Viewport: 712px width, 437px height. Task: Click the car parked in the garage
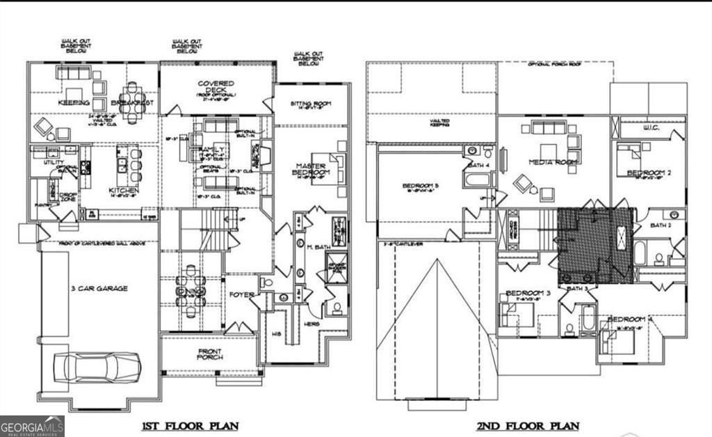[x=98, y=367]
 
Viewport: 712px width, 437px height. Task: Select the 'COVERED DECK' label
[x=216, y=87]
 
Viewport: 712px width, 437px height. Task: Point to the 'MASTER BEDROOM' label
[x=311, y=168]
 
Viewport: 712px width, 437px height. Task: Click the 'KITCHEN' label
[x=123, y=190]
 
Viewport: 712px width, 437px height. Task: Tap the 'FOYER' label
[x=241, y=294]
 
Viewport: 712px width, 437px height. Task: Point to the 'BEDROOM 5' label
[x=420, y=186]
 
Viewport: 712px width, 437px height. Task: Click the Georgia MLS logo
[x=32, y=425]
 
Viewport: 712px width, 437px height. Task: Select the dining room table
[x=191, y=290]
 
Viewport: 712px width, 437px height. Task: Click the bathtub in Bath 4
[x=478, y=180]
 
